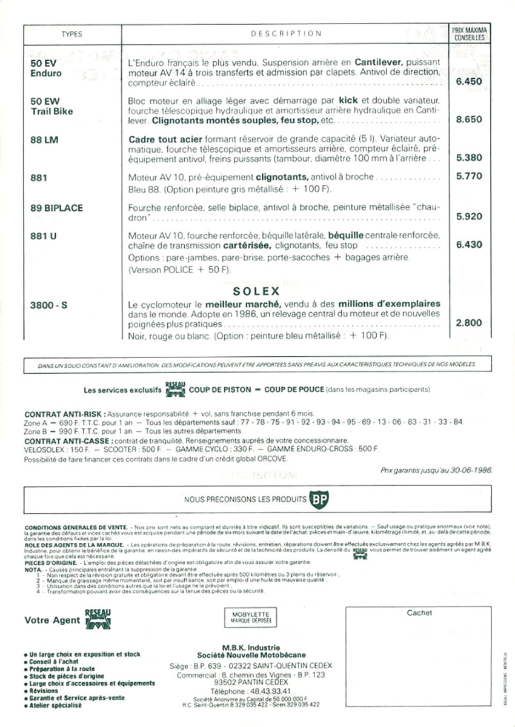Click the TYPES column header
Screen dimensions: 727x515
[71, 34]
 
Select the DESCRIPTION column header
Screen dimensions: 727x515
[286, 34]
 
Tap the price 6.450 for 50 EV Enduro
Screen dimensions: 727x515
[468, 81]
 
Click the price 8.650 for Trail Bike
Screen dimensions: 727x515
[468, 119]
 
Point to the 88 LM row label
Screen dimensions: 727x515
[44, 139]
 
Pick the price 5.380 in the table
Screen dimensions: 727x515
[468, 158]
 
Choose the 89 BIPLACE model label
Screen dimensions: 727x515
[56, 208]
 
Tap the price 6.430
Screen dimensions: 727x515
[468, 245]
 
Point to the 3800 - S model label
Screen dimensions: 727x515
[48, 304]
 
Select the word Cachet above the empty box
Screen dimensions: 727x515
[419, 612]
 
